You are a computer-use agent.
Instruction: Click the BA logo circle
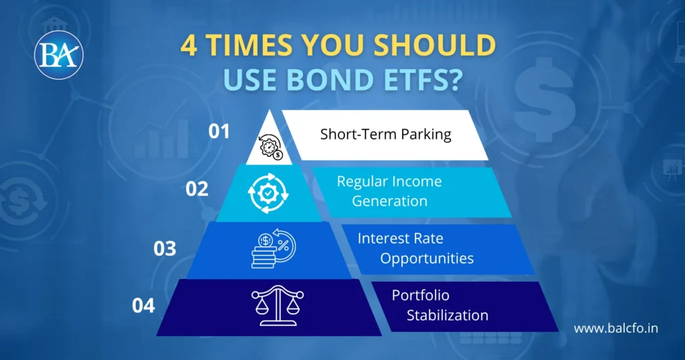click(x=59, y=54)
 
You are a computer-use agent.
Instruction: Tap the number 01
click(x=219, y=131)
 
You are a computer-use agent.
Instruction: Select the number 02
click(x=197, y=189)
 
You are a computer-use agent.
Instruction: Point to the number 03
click(x=165, y=248)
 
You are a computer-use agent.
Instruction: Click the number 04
click(x=143, y=306)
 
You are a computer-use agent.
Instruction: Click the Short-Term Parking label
click(x=385, y=134)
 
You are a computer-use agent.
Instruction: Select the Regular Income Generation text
click(x=389, y=191)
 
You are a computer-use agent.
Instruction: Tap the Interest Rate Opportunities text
click(x=415, y=248)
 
